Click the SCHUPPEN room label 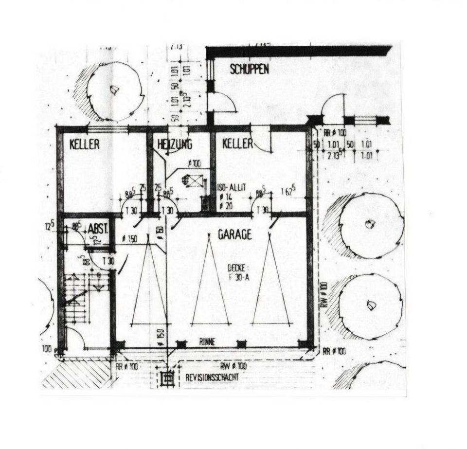pyautogui.click(x=249, y=70)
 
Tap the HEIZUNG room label pyautogui.click(x=175, y=144)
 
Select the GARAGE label pyautogui.click(x=234, y=234)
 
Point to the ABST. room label pyautogui.click(x=97, y=229)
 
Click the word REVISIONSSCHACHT pyautogui.click(x=213, y=377)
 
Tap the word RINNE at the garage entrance pyautogui.click(x=207, y=341)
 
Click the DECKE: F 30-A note pyautogui.click(x=238, y=273)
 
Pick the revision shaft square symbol pyautogui.click(x=167, y=377)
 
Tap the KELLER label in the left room pyautogui.click(x=85, y=144)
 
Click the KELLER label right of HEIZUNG pyautogui.click(x=237, y=144)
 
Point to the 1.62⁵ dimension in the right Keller pyautogui.click(x=286, y=192)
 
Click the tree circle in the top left pyautogui.click(x=113, y=91)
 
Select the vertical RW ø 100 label pyautogui.click(x=323, y=294)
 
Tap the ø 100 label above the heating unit pyautogui.click(x=194, y=164)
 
